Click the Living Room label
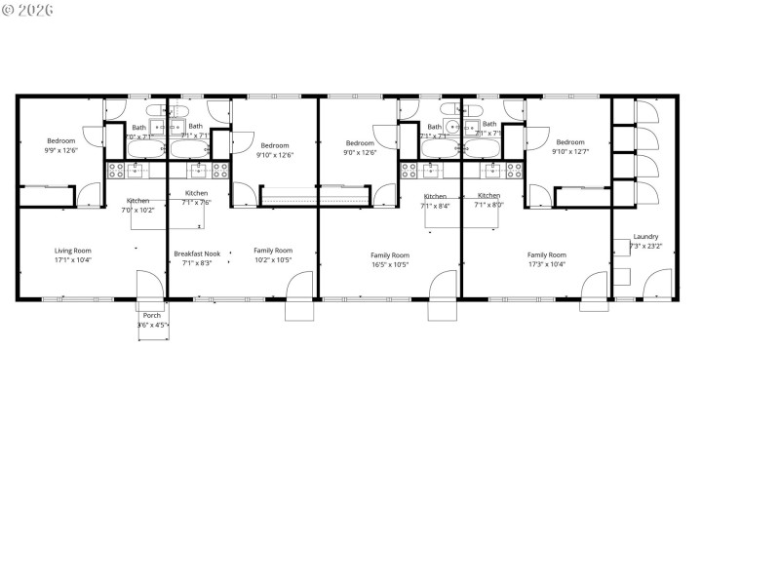tap(73, 251)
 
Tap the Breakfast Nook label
tap(196, 253)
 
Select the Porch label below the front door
tap(152, 315)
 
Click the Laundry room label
tap(645, 236)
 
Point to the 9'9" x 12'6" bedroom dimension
tap(60, 151)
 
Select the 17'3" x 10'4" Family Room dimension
tap(546, 264)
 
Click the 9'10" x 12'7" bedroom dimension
tap(570, 151)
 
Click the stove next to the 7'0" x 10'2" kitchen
tap(116, 170)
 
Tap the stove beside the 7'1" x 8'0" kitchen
tap(510, 170)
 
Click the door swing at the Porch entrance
tap(150, 285)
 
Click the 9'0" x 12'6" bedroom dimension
tap(360, 152)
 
